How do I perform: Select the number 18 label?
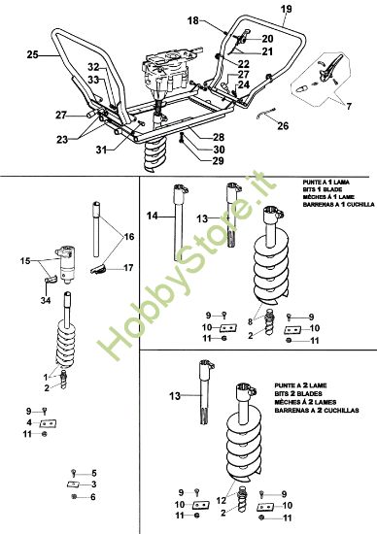[192, 19]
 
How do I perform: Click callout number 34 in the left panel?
[46, 302]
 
